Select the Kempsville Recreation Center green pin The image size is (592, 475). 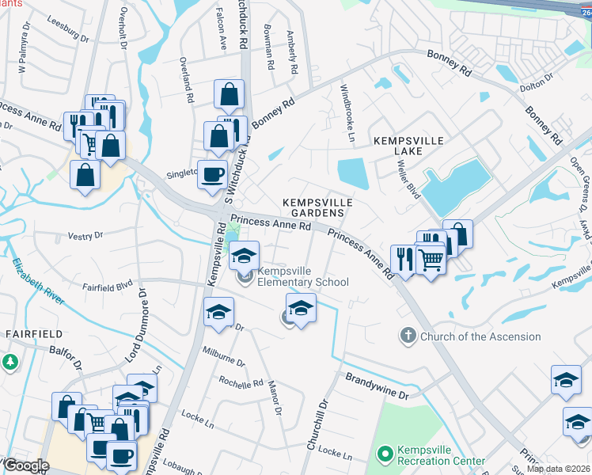[385, 454]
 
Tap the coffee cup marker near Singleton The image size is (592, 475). [212, 174]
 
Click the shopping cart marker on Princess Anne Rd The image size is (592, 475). [430, 258]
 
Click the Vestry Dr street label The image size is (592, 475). [85, 235]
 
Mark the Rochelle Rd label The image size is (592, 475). [241, 383]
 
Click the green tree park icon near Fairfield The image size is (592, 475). [9, 363]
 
